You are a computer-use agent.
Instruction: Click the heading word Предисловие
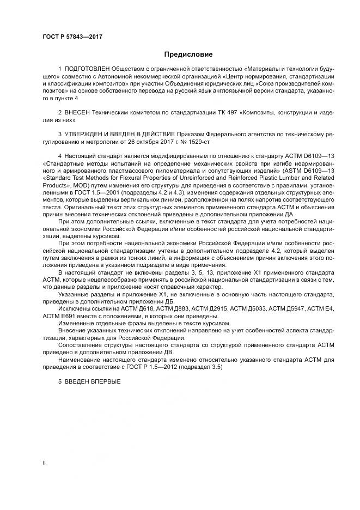coord(188,54)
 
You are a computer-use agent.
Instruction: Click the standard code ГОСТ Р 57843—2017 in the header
coord(72,37)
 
